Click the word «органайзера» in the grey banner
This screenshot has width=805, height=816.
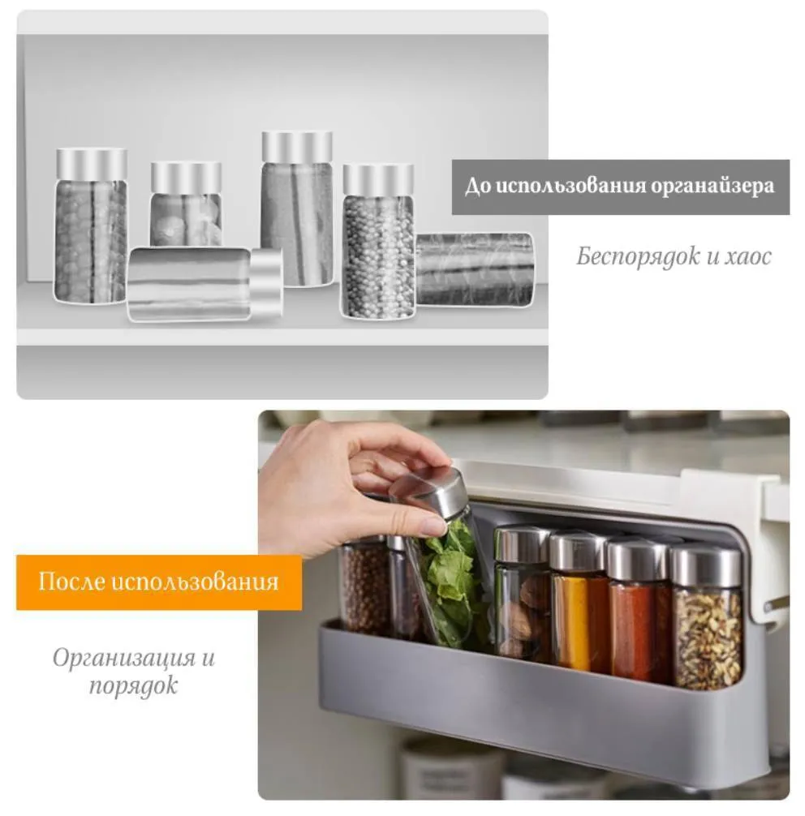(712, 187)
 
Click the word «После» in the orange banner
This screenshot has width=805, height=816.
(72, 582)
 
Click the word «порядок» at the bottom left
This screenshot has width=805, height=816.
(133, 686)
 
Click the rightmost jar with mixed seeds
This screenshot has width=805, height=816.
(706, 618)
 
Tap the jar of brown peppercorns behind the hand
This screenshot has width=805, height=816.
(364, 588)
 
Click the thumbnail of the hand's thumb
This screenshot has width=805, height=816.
(433, 527)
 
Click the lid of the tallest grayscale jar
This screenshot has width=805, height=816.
(297, 147)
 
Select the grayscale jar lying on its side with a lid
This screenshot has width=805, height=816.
(205, 284)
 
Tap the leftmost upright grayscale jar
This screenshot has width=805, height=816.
(91, 226)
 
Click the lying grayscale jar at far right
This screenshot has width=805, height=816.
(475, 269)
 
